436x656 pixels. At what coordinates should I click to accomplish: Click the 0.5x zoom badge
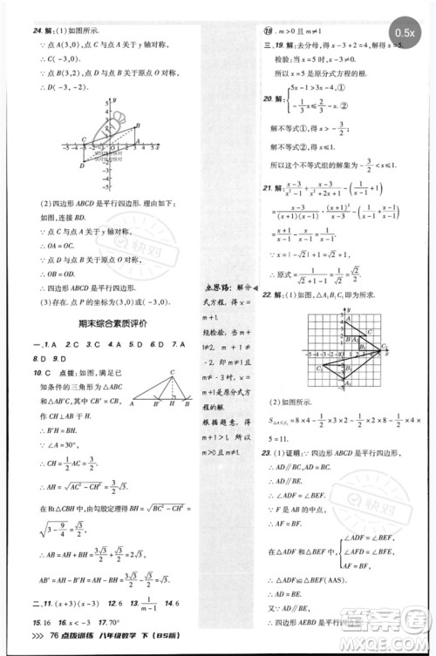pyautogui.click(x=405, y=32)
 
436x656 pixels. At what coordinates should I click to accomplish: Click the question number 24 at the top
pyautogui.click(x=38, y=32)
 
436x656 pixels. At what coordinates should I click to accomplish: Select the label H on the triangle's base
pyautogui.click(x=175, y=405)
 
